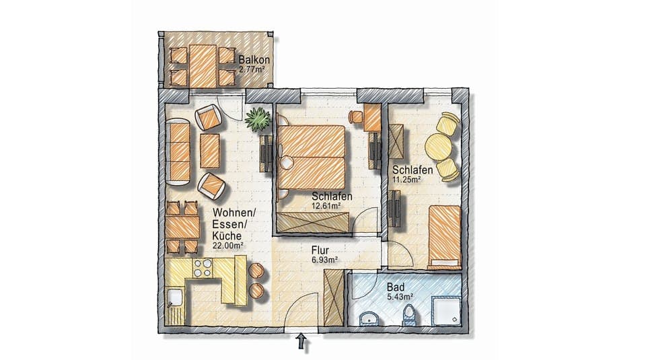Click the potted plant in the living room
pyautogui.click(x=258, y=119)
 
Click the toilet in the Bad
pyautogui.click(x=408, y=314)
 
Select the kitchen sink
pyautogui.click(x=176, y=297)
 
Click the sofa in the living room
pyautogui.click(x=179, y=151)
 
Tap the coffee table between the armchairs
pyautogui.click(x=210, y=151)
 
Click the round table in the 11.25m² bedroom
pyautogui.click(x=439, y=146)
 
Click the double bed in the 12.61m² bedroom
pyautogui.click(x=312, y=156)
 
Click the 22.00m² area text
pyautogui.click(x=227, y=246)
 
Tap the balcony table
pyautogui.click(x=202, y=65)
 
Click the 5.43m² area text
pyautogui.click(x=399, y=296)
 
